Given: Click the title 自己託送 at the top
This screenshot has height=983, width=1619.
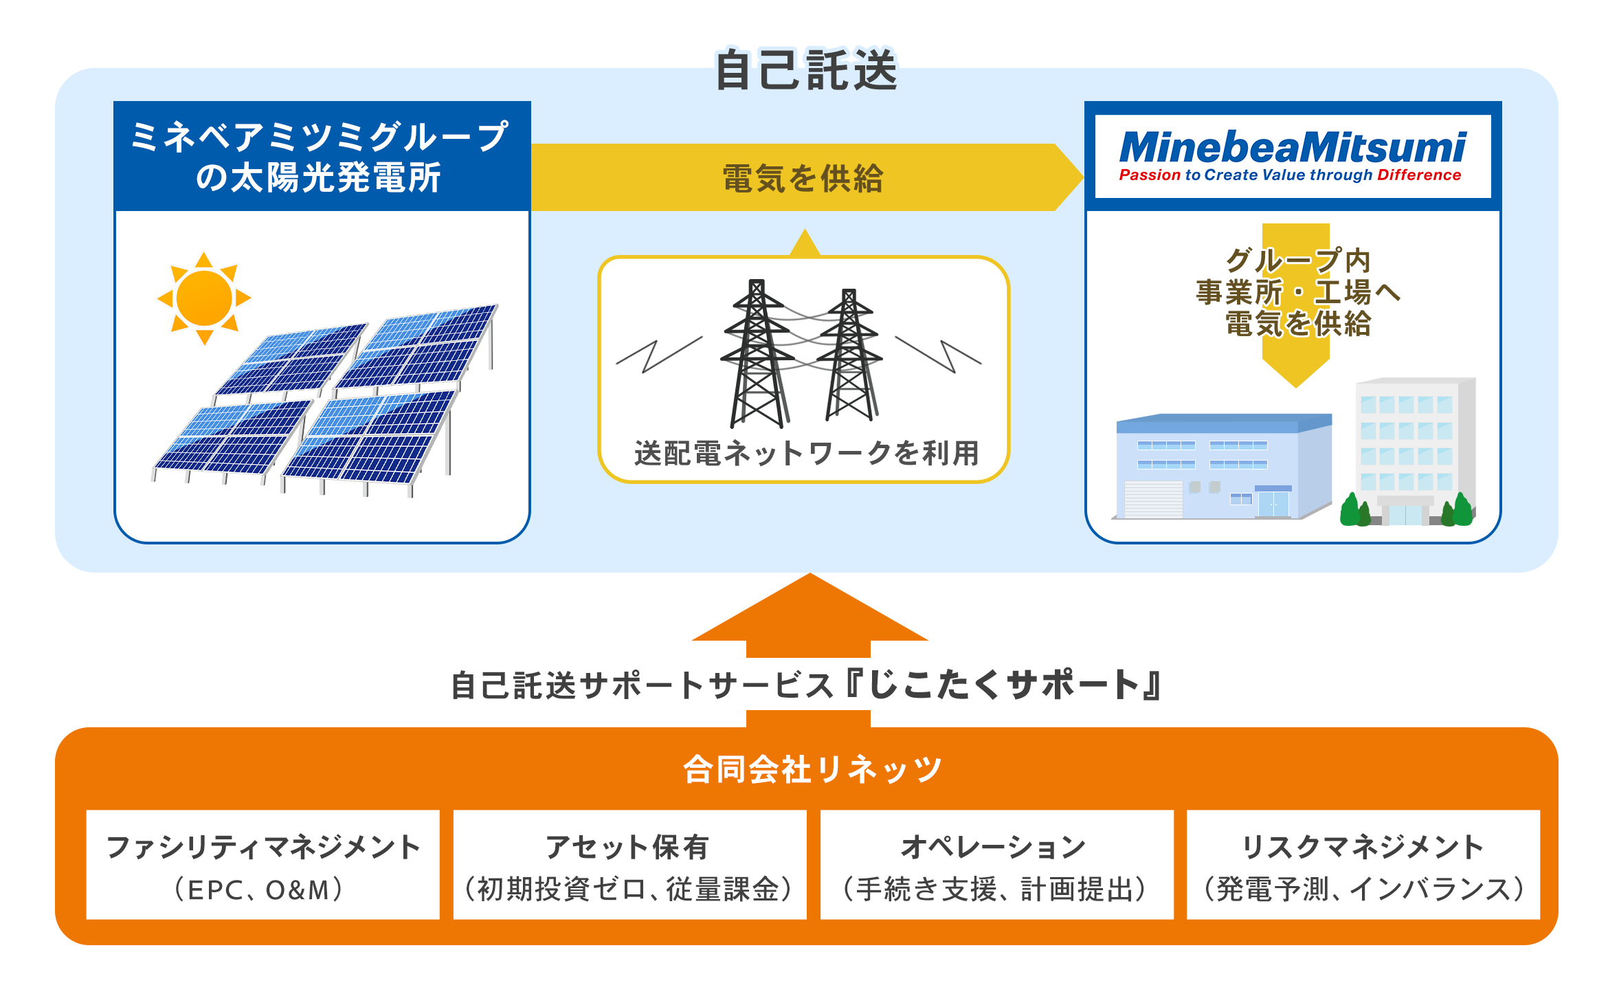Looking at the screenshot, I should (806, 70).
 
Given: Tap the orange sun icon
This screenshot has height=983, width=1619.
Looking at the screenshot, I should (204, 298).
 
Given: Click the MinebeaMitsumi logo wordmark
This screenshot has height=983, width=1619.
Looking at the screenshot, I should (1292, 147).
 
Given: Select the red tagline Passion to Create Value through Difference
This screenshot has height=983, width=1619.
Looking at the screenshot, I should (1290, 175).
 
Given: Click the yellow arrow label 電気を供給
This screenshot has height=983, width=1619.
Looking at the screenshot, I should (803, 178).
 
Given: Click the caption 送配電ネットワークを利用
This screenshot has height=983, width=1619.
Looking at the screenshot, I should (806, 454).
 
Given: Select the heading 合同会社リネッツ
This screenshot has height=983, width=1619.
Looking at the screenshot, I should (812, 769).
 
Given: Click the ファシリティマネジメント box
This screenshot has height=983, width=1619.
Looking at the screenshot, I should (263, 865).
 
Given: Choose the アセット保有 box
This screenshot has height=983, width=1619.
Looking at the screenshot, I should (629, 865).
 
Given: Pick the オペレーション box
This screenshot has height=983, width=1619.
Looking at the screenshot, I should (996, 865).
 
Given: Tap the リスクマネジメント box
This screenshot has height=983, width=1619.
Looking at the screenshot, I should (1363, 865).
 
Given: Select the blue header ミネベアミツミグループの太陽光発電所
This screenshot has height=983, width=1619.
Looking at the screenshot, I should (322, 157).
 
